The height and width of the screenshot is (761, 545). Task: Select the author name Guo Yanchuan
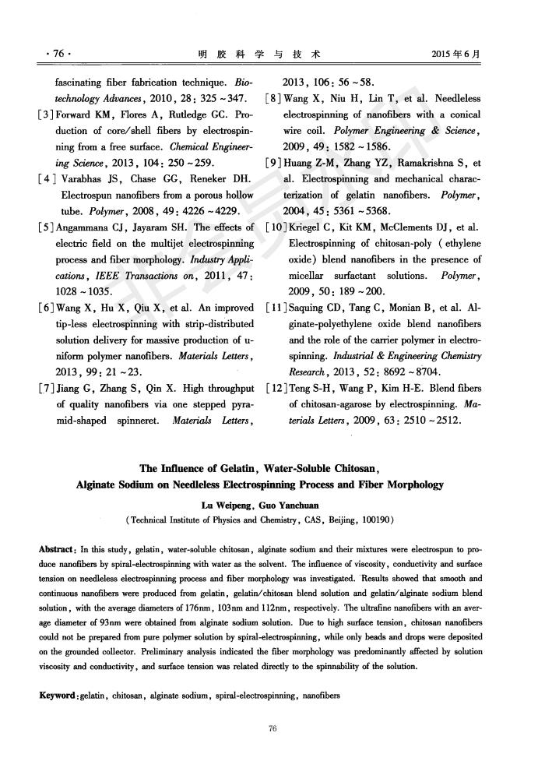tap(304, 504)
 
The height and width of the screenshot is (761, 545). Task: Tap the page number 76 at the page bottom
tap(272, 728)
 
